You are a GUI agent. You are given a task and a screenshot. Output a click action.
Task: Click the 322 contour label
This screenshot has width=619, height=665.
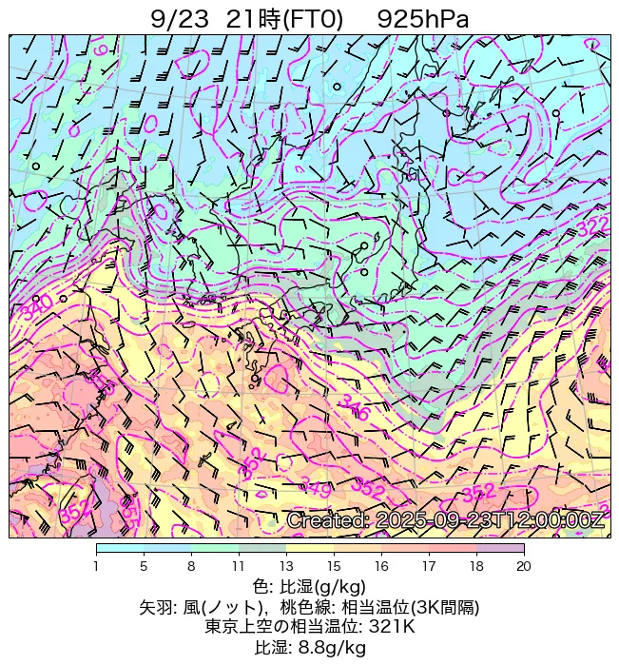[x=591, y=226]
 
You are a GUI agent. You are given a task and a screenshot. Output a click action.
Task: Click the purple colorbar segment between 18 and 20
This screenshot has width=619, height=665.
[x=500, y=549]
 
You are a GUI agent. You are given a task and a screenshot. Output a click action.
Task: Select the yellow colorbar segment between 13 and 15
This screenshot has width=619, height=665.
[x=310, y=549]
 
